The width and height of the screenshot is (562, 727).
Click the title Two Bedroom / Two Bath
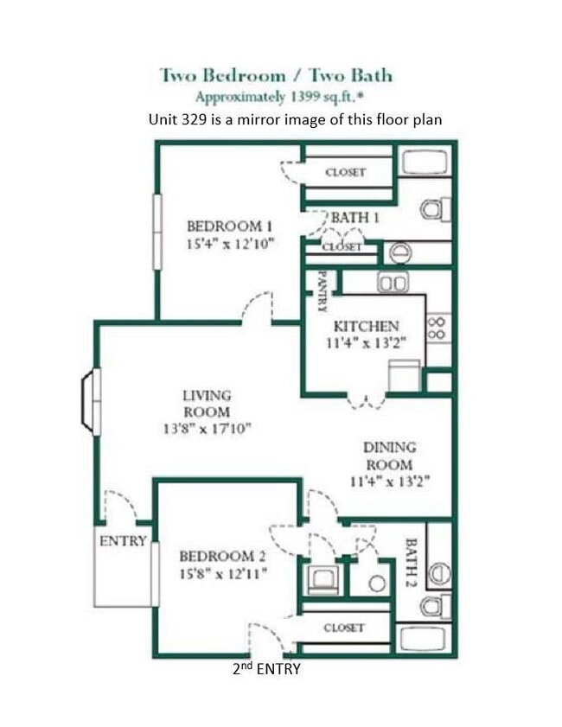click(276, 74)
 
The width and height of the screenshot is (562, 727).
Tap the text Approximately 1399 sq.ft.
click(276, 97)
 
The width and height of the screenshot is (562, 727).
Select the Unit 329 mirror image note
click(295, 119)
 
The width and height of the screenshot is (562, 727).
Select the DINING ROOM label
click(389, 456)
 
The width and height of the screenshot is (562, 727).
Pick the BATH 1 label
click(354, 218)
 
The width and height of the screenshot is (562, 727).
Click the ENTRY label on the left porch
click(123, 541)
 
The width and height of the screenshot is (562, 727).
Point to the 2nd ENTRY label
click(266, 668)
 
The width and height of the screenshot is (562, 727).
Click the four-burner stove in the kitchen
click(437, 327)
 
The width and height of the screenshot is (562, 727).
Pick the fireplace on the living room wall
click(91, 400)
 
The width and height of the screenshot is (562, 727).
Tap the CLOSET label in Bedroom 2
click(344, 628)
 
